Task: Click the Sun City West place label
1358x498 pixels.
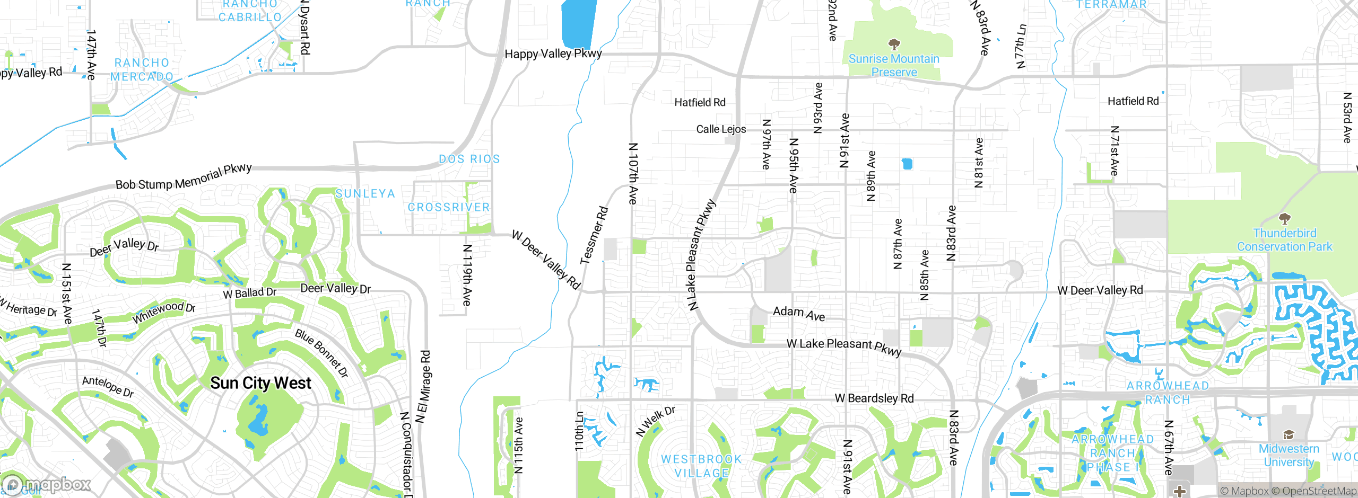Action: tap(260, 383)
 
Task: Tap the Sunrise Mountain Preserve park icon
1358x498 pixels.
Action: tap(894, 43)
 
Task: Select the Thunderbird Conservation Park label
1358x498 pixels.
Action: tap(1284, 240)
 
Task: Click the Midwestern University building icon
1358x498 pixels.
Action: tap(1289, 435)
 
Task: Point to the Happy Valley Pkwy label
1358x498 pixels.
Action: tap(553, 54)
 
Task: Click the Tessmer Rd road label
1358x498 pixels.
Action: tap(594, 235)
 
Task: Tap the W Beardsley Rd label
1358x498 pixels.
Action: tap(874, 398)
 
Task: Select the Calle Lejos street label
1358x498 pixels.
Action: tap(721, 129)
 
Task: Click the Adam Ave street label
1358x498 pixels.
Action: tap(799, 313)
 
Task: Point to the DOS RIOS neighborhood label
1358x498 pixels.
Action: tap(469, 159)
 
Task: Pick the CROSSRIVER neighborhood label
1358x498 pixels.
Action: tap(449, 207)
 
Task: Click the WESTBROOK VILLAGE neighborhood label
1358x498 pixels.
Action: tap(701, 466)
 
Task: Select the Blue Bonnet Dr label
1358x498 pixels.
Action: tap(321, 353)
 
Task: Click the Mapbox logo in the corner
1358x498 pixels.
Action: tap(47, 484)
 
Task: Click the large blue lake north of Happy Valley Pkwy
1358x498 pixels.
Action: tap(578, 24)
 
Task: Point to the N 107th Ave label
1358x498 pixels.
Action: tap(632, 173)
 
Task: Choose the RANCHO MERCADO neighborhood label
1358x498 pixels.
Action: tap(142, 70)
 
